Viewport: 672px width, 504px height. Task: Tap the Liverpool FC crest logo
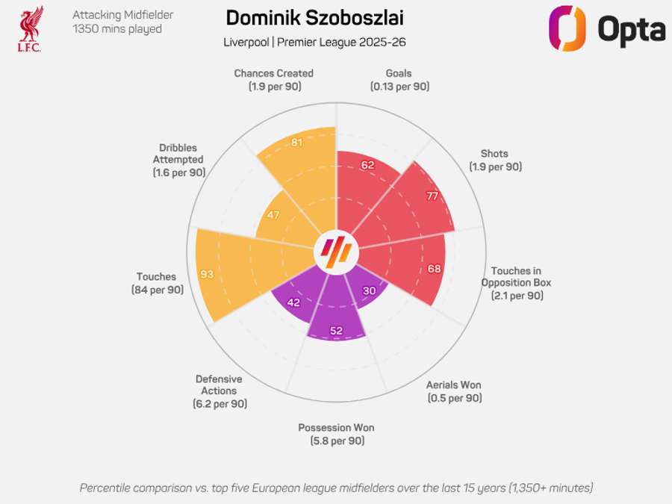(31, 28)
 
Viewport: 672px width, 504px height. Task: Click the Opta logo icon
(567, 28)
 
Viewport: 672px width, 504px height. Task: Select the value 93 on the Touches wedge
(207, 274)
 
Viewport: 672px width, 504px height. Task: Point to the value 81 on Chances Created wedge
(296, 142)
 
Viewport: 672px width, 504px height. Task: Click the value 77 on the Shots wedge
(432, 197)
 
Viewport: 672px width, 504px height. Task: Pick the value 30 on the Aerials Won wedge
(368, 291)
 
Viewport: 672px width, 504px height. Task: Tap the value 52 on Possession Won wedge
(336, 331)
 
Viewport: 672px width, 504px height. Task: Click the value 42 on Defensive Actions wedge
(293, 303)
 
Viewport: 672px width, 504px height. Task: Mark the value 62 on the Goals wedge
(367, 165)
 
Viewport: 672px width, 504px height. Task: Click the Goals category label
(399, 74)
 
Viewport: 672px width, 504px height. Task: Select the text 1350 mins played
(117, 29)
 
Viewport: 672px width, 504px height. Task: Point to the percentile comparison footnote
(336, 488)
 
